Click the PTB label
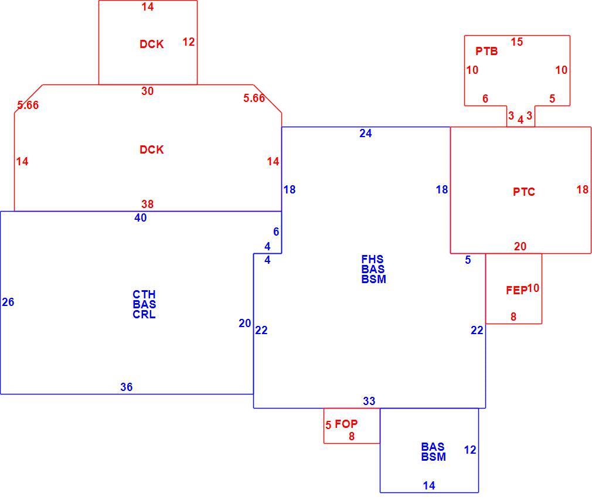pos(486,51)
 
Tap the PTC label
pos(523,192)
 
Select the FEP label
pos(516,290)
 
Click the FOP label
pos(346,424)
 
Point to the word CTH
pos(144,294)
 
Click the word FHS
pos(372,259)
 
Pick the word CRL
pos(144,314)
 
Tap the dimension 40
pos(141,217)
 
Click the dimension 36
pos(127,387)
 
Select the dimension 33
pos(369,401)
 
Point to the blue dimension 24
pos(366,133)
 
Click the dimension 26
pos(8,302)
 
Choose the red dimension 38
pos(147,204)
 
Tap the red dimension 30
pos(147,91)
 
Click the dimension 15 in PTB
pos(517,42)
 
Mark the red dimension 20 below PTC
pos(520,246)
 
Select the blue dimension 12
pos(470,450)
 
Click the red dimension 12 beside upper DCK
pos(188,42)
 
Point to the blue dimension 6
pos(276,232)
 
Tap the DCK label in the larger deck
pos(151,149)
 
